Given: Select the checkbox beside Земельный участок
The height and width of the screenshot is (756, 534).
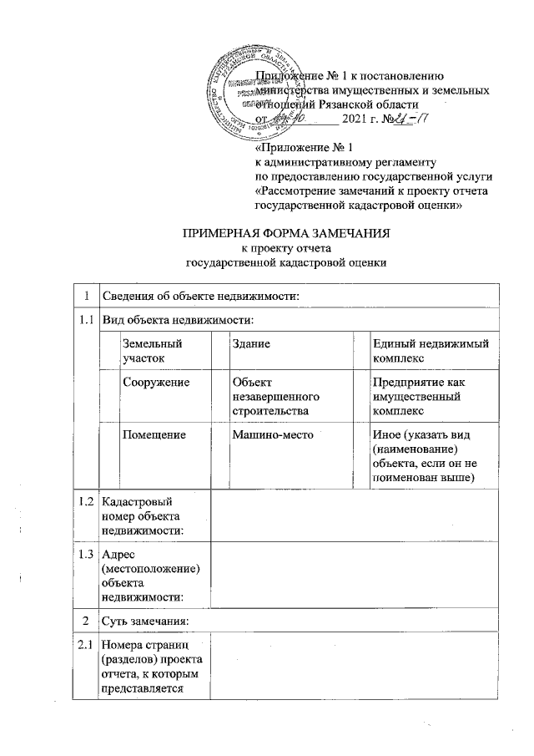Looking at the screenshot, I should (109, 349).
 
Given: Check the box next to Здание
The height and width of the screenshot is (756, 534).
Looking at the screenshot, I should (219, 349).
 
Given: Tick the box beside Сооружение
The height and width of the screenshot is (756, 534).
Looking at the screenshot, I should (109, 396).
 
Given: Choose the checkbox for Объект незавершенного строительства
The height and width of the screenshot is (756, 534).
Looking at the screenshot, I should (219, 396).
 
